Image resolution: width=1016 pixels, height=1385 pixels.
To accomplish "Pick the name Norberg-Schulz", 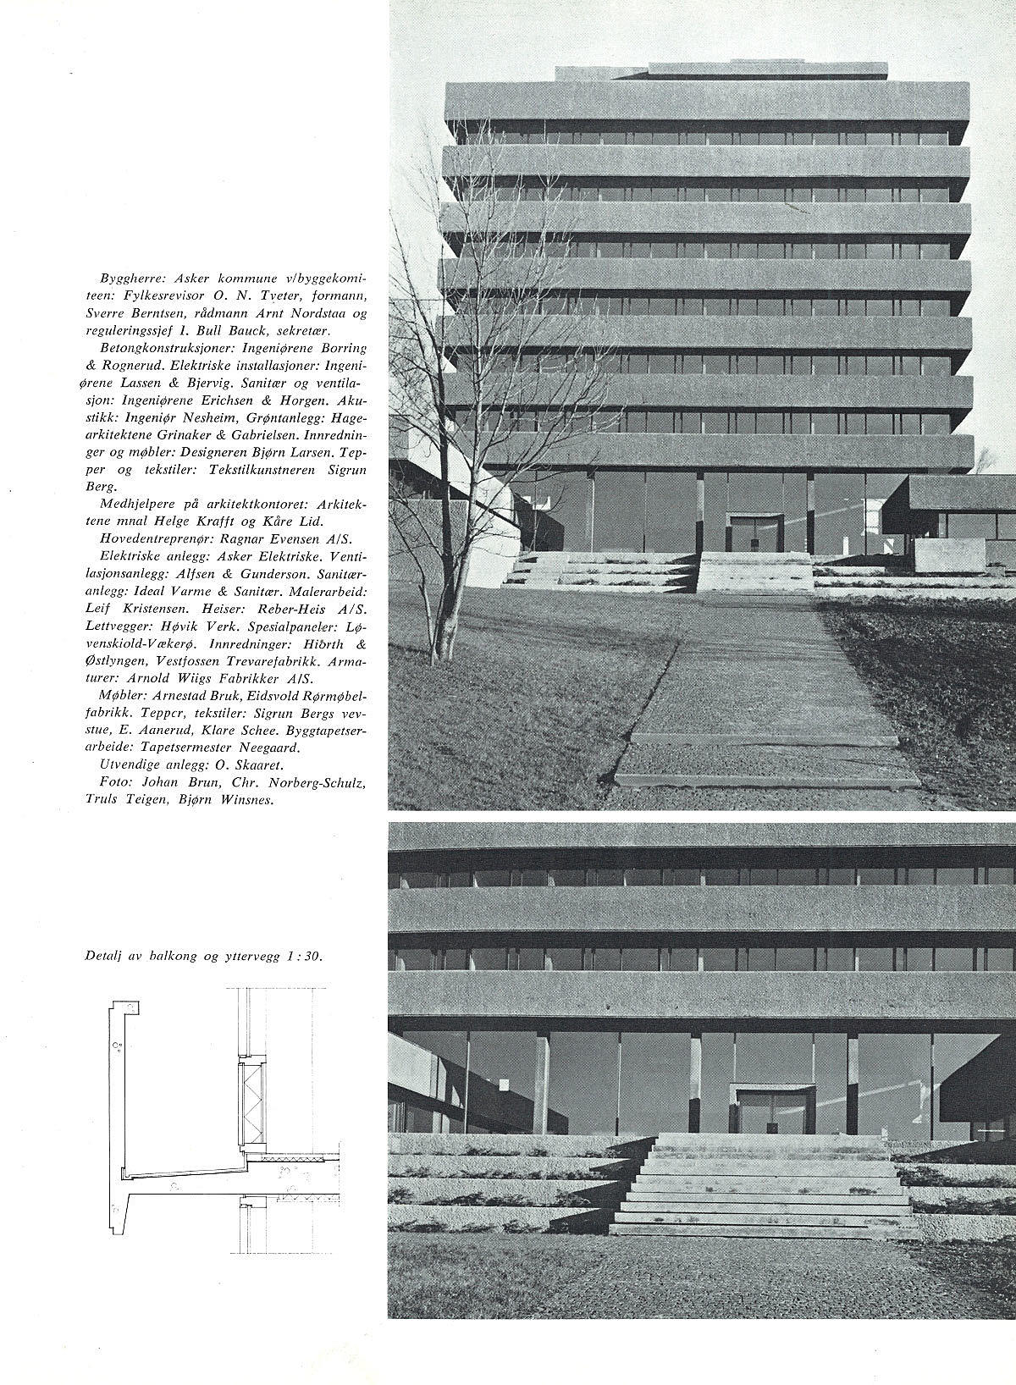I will point(323,782).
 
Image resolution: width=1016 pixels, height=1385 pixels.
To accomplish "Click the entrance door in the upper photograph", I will point(754,533).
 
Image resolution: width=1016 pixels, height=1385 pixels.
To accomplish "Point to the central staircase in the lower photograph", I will point(760,1185).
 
